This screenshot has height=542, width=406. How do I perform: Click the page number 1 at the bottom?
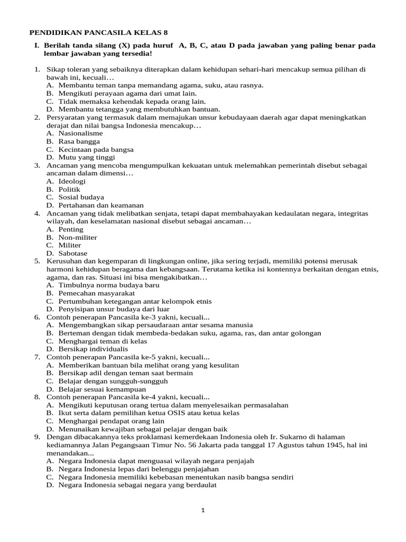coord(202,510)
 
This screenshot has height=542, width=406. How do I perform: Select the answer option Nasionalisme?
coord(80,133)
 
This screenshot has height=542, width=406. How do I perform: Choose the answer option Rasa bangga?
coord(79,141)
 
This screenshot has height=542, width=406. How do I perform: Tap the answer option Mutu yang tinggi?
coord(87,157)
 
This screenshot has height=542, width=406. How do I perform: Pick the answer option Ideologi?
coord(71,181)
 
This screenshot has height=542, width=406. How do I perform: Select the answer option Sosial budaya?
coord(81,197)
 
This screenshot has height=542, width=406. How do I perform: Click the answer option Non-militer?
coord(78,237)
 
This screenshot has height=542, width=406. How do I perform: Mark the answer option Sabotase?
coord(73,253)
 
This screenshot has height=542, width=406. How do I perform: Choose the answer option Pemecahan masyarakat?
coord(96,293)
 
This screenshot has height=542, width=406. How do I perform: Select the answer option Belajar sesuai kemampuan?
coord(102,389)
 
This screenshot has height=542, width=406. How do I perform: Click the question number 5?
coord(37,261)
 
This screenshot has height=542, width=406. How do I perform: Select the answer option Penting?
coord(71,229)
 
